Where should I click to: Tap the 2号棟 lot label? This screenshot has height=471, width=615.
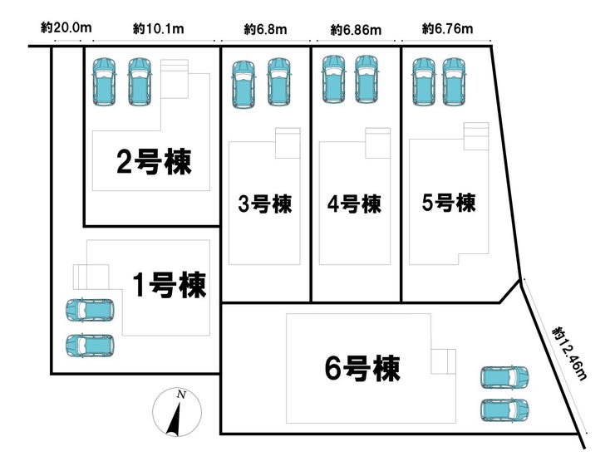point(154,162)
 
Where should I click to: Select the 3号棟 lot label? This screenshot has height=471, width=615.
point(265,204)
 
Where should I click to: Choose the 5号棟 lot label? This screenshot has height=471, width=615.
point(448,202)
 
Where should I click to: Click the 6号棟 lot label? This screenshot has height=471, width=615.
point(362,368)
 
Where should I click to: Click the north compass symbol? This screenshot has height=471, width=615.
point(176,411)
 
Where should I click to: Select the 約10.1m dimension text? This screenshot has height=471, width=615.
point(158,29)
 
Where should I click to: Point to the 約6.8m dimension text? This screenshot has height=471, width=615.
point(266,29)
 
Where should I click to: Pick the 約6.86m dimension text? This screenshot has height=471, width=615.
point(356,30)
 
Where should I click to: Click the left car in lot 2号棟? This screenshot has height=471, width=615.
point(105,81)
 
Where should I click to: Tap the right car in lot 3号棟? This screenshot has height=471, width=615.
point(279,83)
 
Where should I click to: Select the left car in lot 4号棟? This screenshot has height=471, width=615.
point(333,79)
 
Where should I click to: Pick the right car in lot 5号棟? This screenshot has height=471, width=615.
point(454,81)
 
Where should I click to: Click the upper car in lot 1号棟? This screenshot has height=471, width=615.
point(89,310)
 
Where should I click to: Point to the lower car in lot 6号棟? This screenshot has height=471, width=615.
point(504,409)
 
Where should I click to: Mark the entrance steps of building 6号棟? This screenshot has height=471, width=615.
point(444,361)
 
